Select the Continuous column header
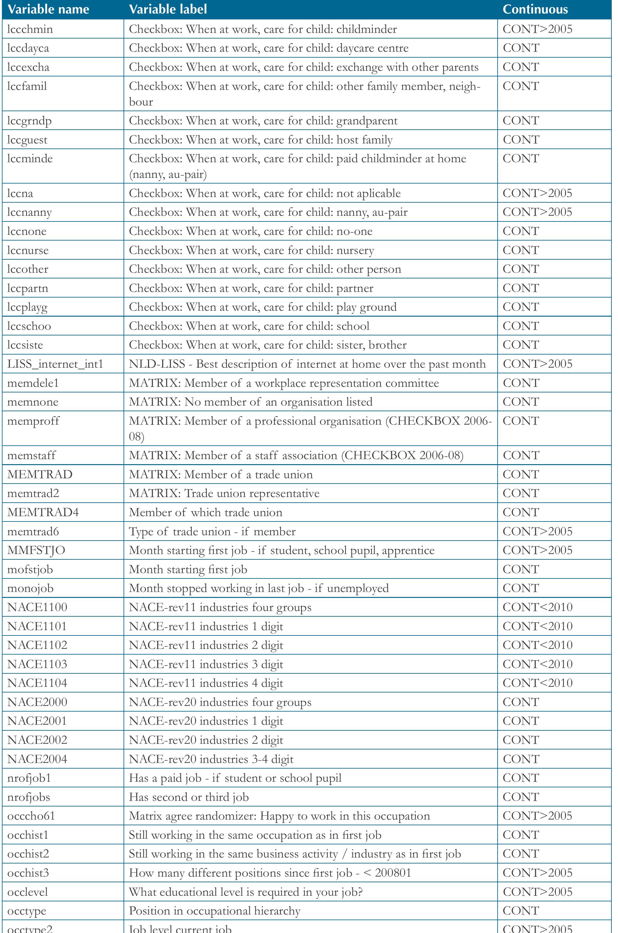pyautogui.click(x=535, y=9)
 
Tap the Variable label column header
pyautogui.click(x=168, y=9)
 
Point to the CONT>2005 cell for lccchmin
pyautogui.click(x=537, y=29)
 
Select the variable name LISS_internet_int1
pyautogui.click(x=55, y=364)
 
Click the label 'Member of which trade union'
pyautogui.click(x=205, y=513)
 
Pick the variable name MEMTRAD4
pyautogui.click(x=43, y=513)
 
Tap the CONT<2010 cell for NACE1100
pyautogui.click(x=537, y=607)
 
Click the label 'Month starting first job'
pyautogui.click(x=188, y=570)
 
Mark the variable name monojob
pyautogui.click(x=30, y=588)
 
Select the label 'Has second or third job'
pyautogui.click(x=189, y=797)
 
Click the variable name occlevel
pyautogui.click(x=28, y=892)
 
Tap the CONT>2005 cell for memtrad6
pyautogui.click(x=537, y=531)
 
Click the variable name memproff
pyautogui.click(x=33, y=421)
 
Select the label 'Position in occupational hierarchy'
pyautogui.click(x=214, y=911)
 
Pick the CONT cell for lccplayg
pyautogui.click(x=521, y=307)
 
